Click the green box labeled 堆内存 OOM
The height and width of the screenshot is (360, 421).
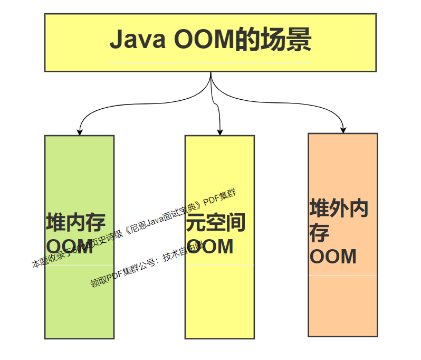tap(79, 301)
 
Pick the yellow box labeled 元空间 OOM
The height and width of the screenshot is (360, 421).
tap(219, 301)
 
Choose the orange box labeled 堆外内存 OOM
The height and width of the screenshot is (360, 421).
tap(343, 306)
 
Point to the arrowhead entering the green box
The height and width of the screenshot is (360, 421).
tap(80, 132)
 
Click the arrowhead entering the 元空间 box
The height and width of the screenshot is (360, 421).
tap(220, 132)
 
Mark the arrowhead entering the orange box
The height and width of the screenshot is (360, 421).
tap(343, 130)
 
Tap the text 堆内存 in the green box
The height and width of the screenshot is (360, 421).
tap(75, 222)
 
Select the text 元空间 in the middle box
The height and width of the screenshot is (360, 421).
tap(216, 223)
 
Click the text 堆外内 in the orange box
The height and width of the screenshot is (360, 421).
tap(339, 209)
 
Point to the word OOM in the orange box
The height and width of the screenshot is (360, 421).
tap(333, 257)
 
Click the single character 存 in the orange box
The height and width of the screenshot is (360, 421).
tap(320, 233)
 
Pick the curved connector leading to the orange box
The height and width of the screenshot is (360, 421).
tap(295, 103)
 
